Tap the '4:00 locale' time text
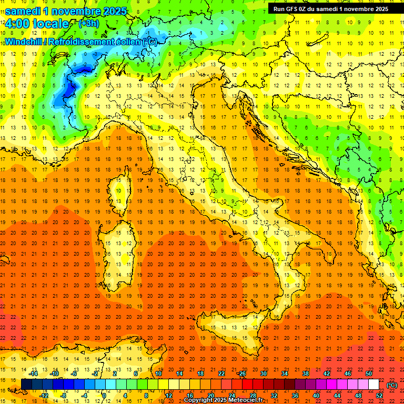(37, 24)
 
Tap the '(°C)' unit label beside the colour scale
(392, 385)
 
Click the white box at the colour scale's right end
(373, 384)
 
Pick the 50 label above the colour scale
(368, 373)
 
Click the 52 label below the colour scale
(379, 395)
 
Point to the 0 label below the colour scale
(105, 395)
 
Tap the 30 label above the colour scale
(263, 373)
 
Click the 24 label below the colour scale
(231, 395)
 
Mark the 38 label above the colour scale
(305, 373)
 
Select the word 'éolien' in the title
(128, 42)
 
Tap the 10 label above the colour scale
(158, 373)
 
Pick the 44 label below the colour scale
(337, 395)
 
